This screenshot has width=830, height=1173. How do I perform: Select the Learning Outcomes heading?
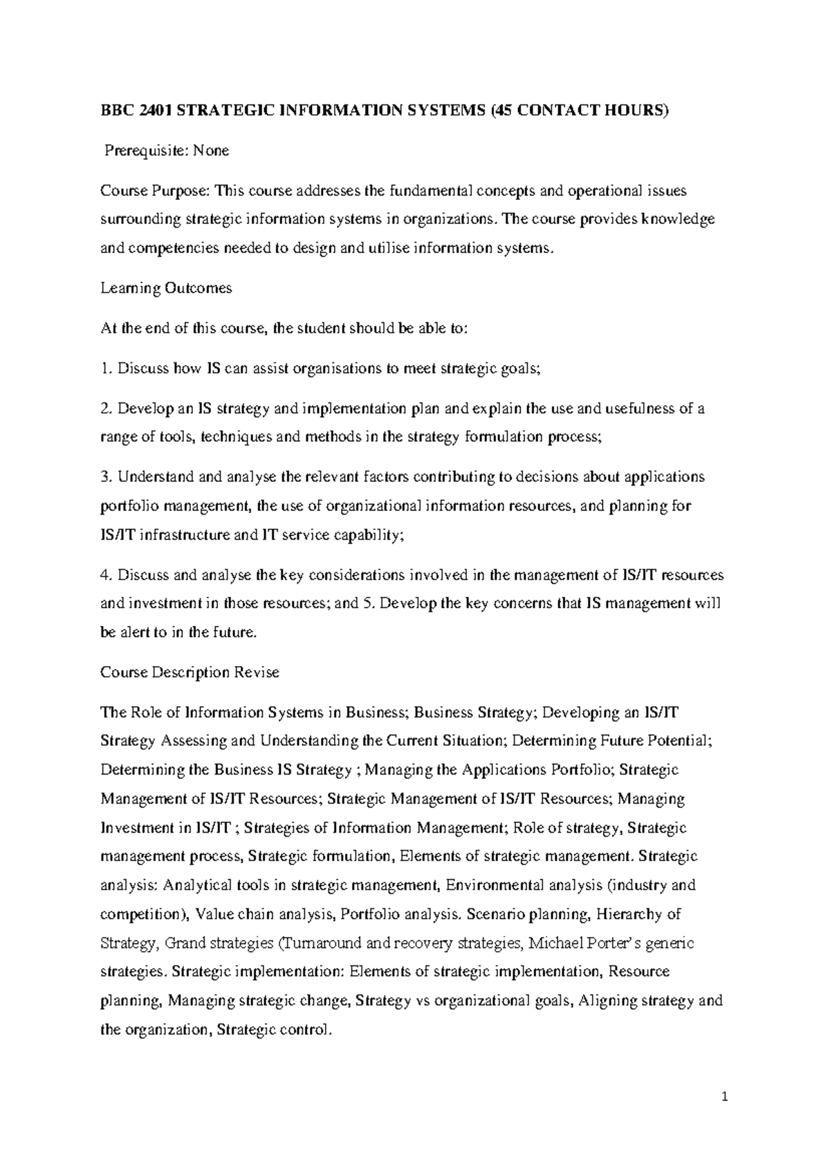[166, 288]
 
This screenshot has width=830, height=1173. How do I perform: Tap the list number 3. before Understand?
[106, 477]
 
